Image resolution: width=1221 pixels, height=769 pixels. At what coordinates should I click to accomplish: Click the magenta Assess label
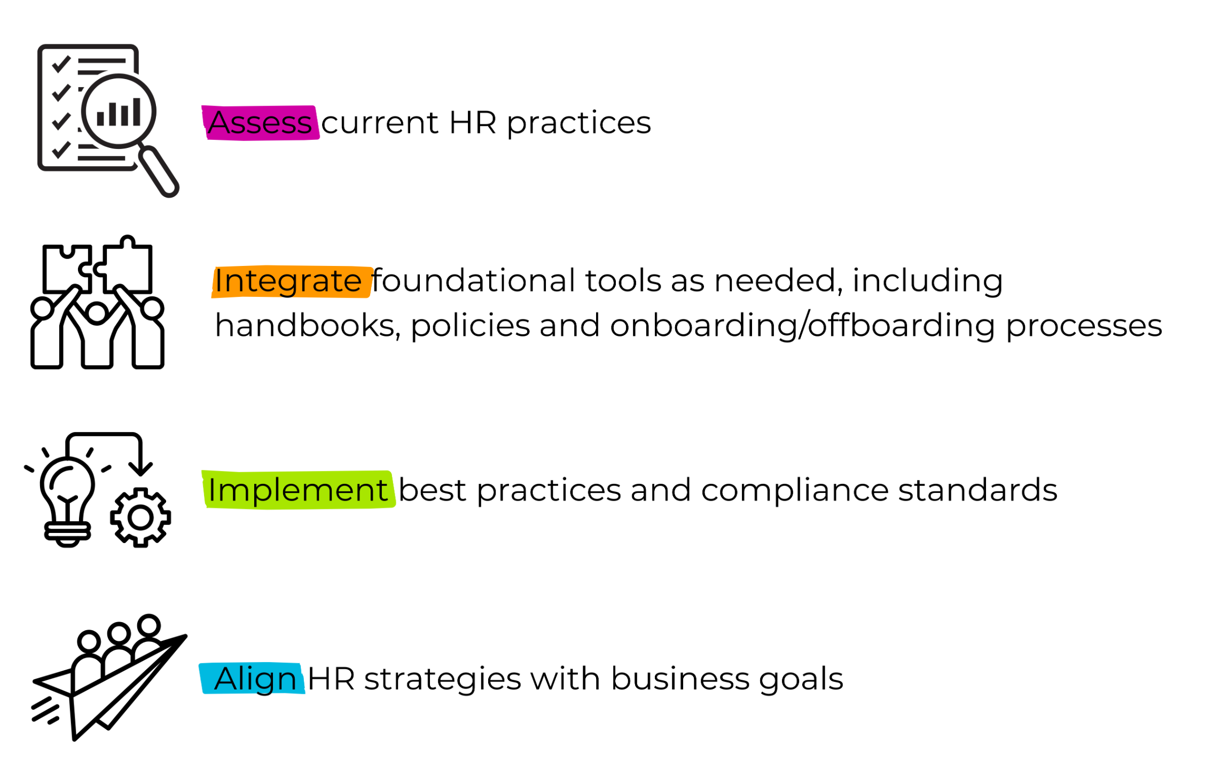tap(260, 122)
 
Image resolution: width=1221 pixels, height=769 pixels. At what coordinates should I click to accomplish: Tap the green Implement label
tap(298, 490)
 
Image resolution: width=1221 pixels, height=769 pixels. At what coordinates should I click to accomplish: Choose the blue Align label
tap(252, 678)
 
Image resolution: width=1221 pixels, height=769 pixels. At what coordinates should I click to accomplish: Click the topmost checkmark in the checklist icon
tap(61, 64)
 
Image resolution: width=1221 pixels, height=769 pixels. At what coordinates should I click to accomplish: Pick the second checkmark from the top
tap(61, 92)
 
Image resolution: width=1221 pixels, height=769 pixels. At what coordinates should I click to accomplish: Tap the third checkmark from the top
tap(61, 121)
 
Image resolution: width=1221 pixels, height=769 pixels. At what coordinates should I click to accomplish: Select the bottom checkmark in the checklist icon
tap(61, 149)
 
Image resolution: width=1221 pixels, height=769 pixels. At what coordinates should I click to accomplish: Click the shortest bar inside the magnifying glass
tap(100, 119)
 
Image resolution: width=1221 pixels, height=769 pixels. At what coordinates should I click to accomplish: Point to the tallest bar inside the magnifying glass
tap(137, 112)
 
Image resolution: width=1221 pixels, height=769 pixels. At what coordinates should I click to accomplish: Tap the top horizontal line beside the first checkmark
tap(101, 61)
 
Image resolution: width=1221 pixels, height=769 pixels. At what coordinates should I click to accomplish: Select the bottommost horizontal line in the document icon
tap(101, 158)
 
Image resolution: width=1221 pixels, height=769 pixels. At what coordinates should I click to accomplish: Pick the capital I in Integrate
tap(217, 281)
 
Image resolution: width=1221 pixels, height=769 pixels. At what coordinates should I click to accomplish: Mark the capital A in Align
tap(226, 679)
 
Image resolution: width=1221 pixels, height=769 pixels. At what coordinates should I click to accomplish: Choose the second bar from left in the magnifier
tap(113, 114)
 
